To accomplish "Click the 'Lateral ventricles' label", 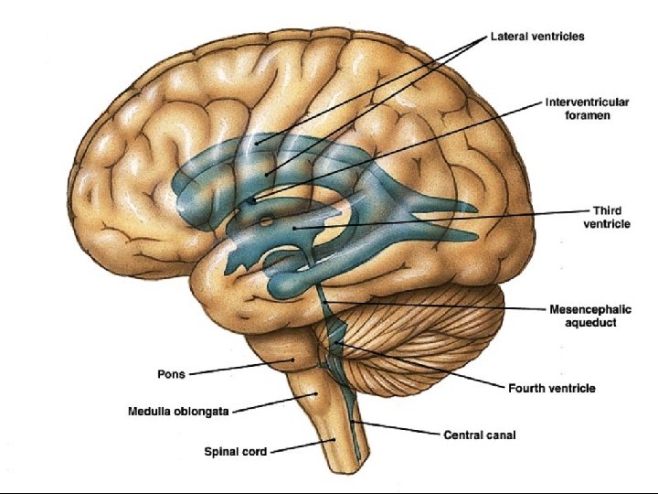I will click(x=537, y=38).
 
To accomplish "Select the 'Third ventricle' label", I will click(x=606, y=217).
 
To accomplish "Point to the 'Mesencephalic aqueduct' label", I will click(x=590, y=316).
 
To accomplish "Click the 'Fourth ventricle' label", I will click(x=551, y=388).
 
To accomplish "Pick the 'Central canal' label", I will click(x=479, y=435).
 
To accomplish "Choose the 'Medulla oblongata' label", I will click(x=179, y=413).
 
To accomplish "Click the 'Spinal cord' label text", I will click(x=236, y=451).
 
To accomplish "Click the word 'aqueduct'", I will click(x=590, y=323).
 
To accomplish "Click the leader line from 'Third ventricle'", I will click(x=439, y=219).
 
